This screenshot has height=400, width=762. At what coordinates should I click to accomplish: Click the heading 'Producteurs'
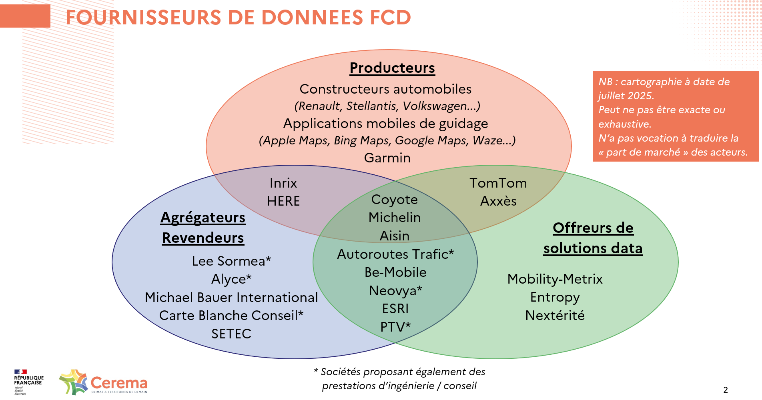(392, 68)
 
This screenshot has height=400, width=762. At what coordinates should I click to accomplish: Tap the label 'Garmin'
(387, 158)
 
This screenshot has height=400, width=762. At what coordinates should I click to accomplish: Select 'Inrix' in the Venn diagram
(283, 183)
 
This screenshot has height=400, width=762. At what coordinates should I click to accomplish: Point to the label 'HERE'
(283, 201)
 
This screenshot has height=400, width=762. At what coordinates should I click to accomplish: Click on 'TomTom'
(498, 183)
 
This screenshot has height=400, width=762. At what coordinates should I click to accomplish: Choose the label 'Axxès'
(498, 201)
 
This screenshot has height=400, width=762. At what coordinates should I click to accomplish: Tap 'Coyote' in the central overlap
(395, 200)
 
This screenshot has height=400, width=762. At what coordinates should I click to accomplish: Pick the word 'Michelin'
(395, 218)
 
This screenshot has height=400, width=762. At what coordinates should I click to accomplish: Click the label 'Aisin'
(395, 236)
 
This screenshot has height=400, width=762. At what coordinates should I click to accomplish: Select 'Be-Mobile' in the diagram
(395, 272)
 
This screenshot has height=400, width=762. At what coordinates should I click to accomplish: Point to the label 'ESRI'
(395, 309)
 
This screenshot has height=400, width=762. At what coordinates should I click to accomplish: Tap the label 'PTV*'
(395, 327)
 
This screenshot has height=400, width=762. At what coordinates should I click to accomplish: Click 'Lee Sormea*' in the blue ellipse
(231, 261)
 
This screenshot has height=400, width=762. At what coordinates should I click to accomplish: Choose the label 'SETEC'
(231, 334)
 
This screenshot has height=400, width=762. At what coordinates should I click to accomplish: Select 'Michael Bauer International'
(231, 298)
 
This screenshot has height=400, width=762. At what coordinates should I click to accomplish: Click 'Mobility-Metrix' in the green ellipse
(555, 279)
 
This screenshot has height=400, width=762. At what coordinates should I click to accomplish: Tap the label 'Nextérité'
(555, 316)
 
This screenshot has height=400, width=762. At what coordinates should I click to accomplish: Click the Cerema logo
(103, 382)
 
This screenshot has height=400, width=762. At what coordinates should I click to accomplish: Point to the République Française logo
(28, 382)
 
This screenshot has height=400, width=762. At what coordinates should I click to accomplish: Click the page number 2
(726, 390)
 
